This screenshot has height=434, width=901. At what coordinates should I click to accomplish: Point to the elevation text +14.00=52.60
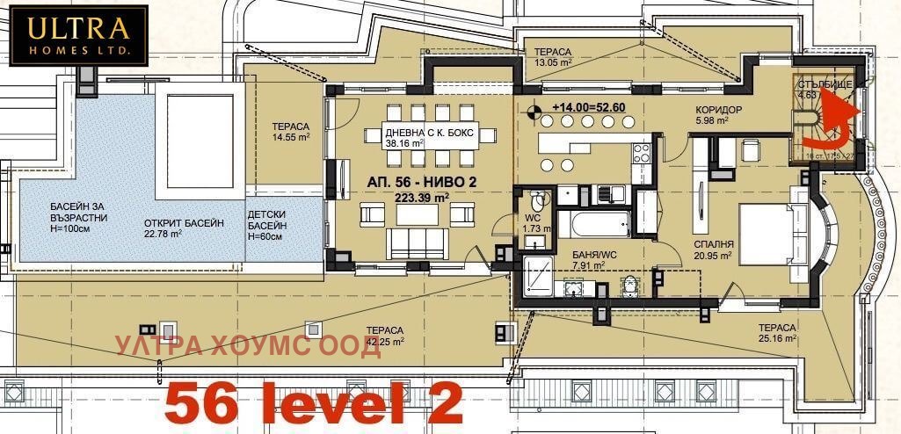click(x=588, y=107)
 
